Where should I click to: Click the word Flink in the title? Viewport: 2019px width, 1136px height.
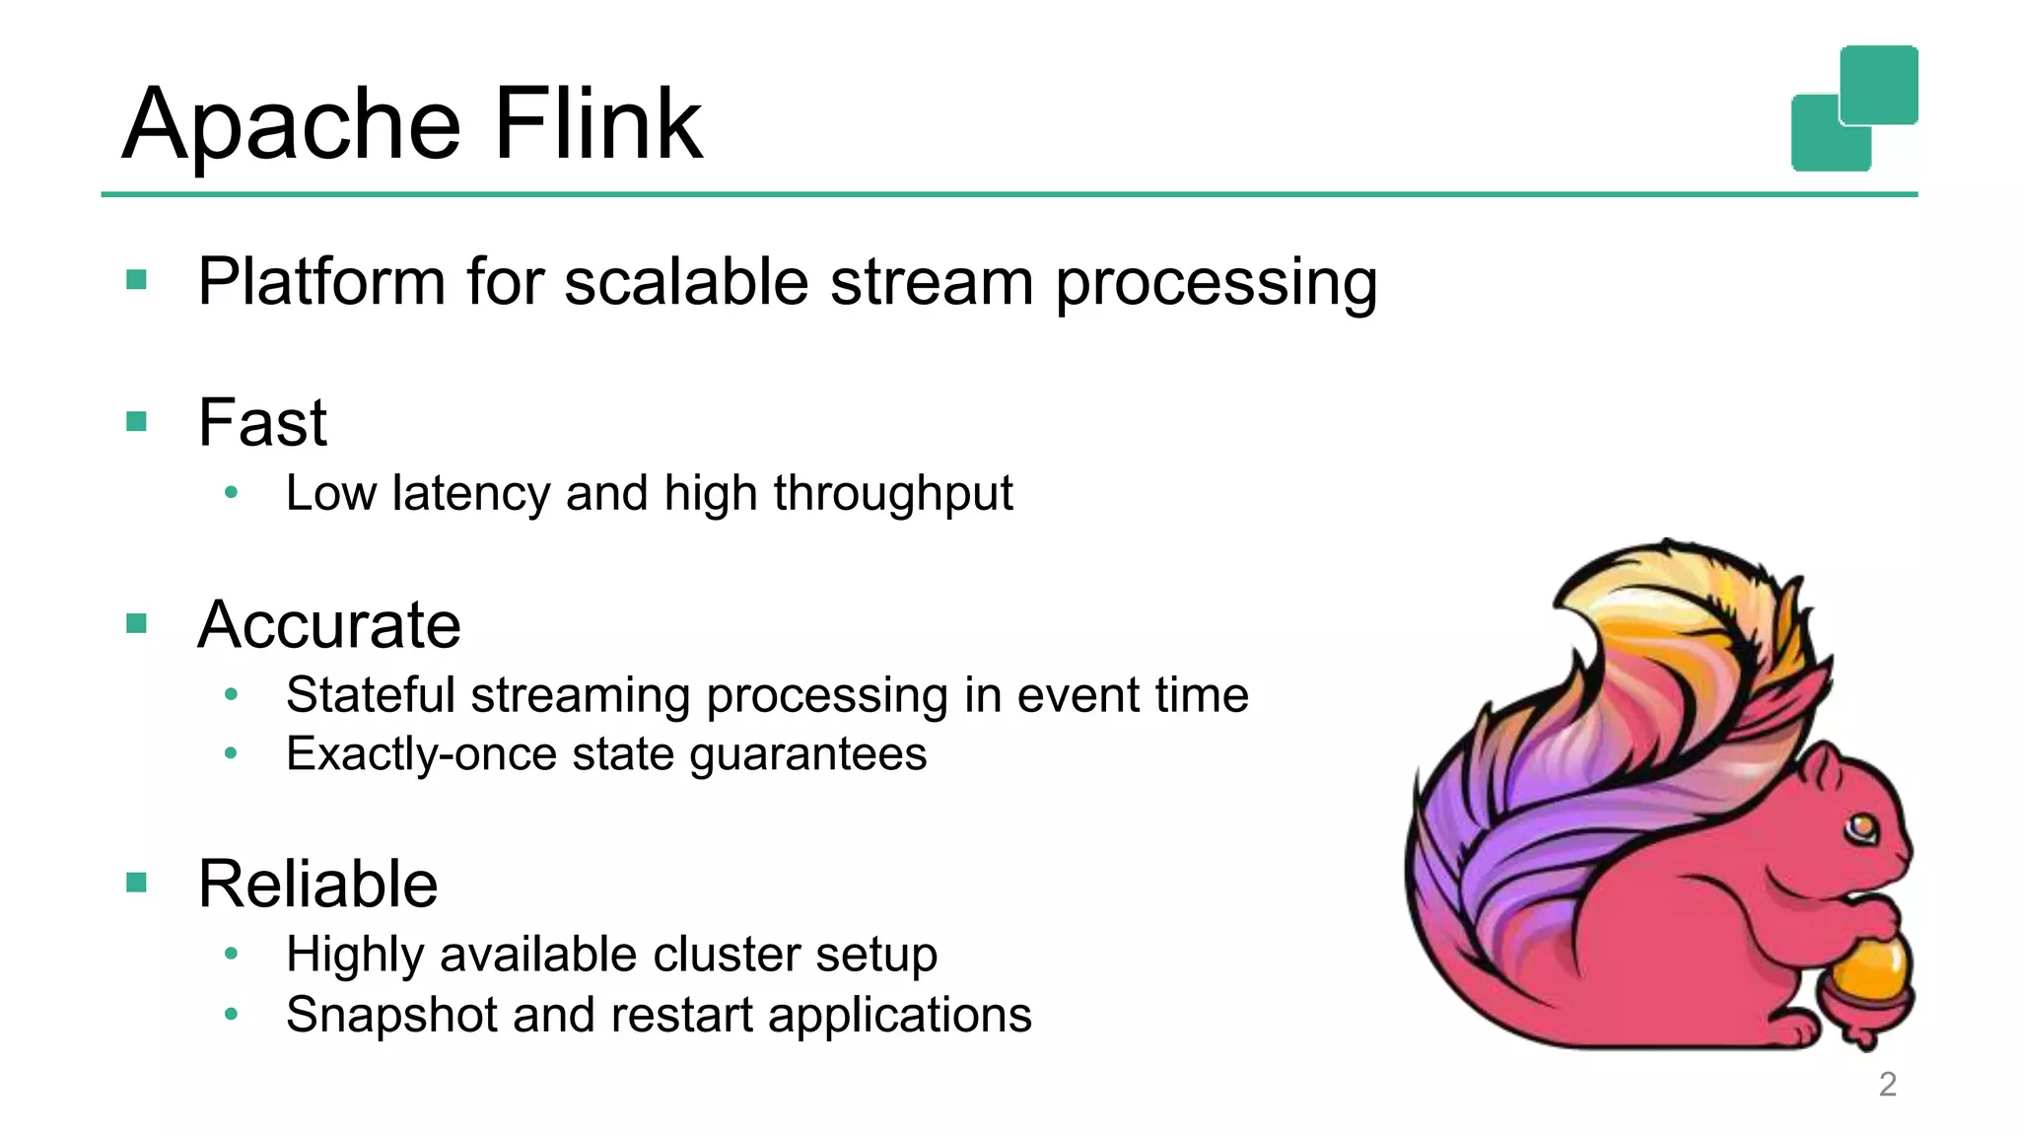pos(597,124)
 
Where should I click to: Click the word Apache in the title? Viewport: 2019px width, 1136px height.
pos(292,126)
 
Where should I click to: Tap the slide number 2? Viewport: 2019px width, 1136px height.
pos(1887,1084)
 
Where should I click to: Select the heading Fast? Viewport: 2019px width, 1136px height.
pos(262,423)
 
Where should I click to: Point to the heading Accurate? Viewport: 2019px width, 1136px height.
pos(329,625)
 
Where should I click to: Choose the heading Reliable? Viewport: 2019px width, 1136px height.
pos(317,884)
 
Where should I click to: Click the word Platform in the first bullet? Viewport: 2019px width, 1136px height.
pos(321,283)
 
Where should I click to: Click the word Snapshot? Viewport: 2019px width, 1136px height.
pos(391,1015)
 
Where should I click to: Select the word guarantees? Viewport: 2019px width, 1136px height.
pos(807,755)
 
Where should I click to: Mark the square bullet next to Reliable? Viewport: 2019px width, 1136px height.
pos(137,882)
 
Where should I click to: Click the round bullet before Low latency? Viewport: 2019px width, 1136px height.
pos(231,493)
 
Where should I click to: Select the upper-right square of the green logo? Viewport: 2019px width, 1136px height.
pos(1879,84)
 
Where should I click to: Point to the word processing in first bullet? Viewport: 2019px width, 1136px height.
pos(1216,284)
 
